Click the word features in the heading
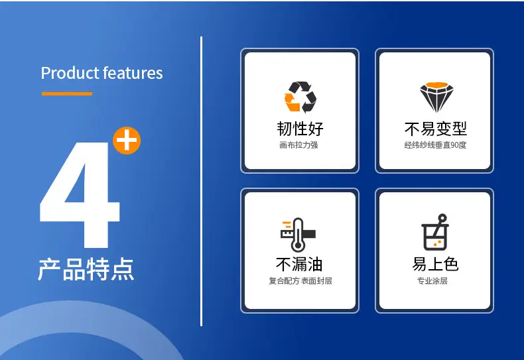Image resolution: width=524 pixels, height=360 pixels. [x=133, y=73]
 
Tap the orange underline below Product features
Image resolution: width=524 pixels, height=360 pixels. [x=67, y=94]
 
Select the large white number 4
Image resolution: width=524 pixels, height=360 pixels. [x=80, y=194]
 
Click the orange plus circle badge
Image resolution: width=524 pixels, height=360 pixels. [x=127, y=141]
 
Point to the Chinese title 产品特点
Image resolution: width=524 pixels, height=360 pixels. [x=86, y=269]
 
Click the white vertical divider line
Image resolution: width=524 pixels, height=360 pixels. [x=201, y=182]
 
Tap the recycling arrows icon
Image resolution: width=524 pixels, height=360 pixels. [x=300, y=97]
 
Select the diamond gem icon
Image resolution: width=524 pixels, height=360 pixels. [x=436, y=97]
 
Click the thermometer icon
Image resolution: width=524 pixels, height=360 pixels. [x=298, y=235]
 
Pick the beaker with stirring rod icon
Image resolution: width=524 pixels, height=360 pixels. [x=434, y=232]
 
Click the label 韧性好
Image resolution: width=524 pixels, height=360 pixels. [x=300, y=129]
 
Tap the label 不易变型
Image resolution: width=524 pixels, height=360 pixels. [x=435, y=129]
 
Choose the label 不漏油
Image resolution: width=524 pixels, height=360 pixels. [x=299, y=265]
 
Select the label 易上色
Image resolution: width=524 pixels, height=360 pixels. [x=435, y=264]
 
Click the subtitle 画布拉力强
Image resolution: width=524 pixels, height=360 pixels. [x=298, y=145]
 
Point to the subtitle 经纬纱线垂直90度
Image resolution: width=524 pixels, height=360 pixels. [x=435, y=145]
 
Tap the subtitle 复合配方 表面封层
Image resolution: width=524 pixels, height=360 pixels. [x=300, y=281]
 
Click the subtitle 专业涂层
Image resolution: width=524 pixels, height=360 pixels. [x=432, y=281]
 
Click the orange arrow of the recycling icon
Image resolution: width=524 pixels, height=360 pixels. [x=291, y=102]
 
